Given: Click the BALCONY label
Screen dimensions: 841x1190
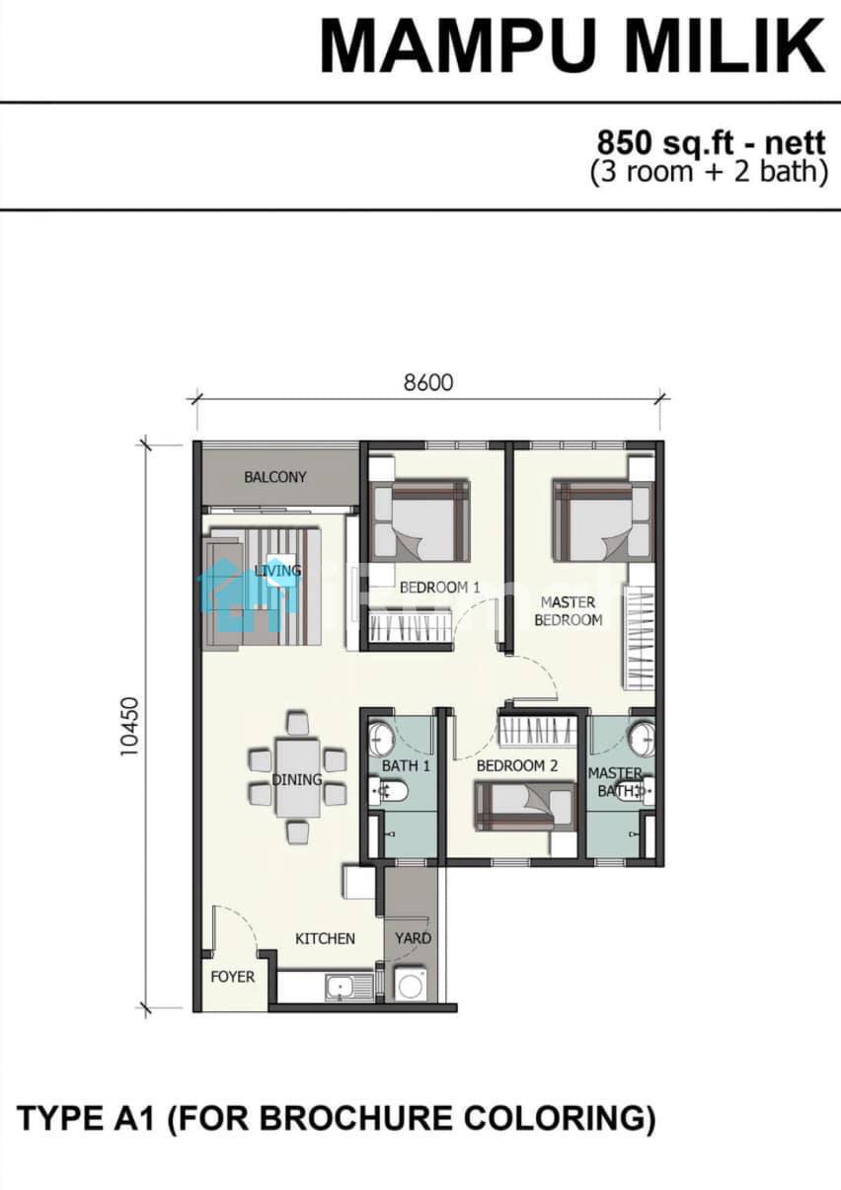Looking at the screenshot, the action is pos(275,477).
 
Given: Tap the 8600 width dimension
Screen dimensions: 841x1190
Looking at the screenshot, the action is pos(428,382).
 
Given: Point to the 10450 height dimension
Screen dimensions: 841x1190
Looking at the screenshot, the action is pos(129,727).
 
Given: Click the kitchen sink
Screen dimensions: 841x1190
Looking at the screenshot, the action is pos(342,989).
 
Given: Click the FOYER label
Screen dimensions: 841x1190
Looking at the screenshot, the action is pos(233,977).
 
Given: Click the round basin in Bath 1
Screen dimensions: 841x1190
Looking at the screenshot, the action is pos(381,739).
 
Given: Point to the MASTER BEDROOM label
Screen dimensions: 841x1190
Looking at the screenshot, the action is pos(569,611).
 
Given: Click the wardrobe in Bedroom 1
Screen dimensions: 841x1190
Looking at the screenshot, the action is pos(411,627).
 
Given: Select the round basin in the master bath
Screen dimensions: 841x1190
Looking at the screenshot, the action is pos(643,739).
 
